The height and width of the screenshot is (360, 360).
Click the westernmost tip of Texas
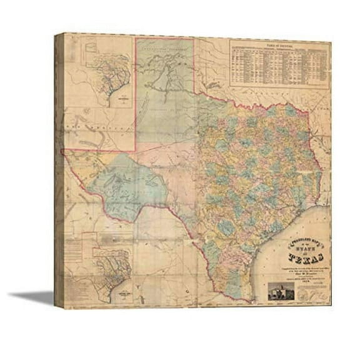(x=65, y=152)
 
